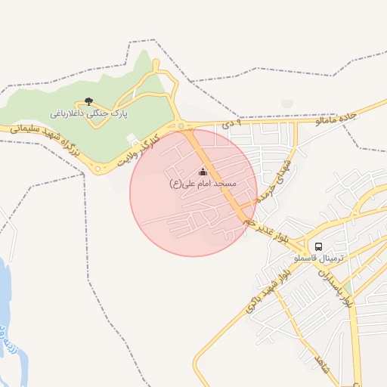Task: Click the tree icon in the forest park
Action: pyautogui.click(x=88, y=101)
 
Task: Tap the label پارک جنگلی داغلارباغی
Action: pyautogui.click(x=88, y=113)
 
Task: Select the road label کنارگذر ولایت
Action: pyautogui.click(x=140, y=149)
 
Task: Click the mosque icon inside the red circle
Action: pyautogui.click(x=202, y=172)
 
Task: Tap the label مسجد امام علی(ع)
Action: pyautogui.click(x=202, y=184)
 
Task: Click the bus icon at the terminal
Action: pyautogui.click(x=318, y=246)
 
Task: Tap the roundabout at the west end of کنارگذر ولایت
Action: pyautogui.click(x=97, y=169)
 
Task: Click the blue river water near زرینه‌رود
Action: pyautogui.click(x=6, y=295)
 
